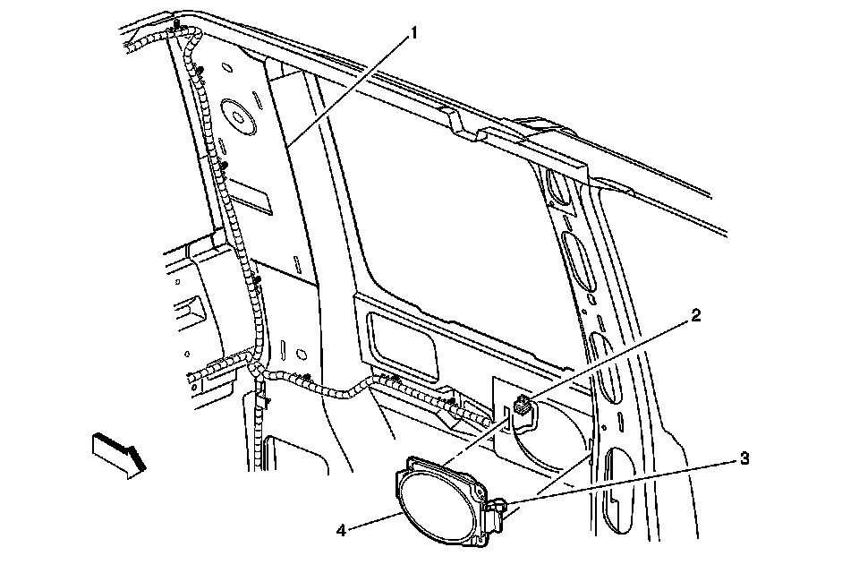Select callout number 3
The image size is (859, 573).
coord(744,459)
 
